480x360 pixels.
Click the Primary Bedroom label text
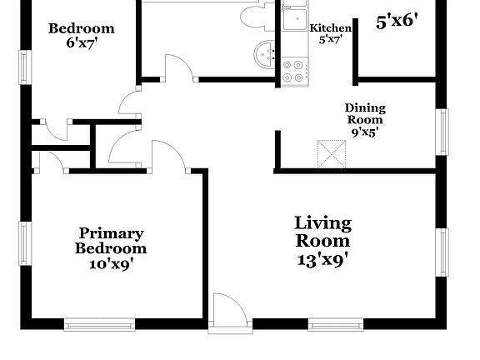[x=111, y=241]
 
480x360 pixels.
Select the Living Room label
[x=322, y=232]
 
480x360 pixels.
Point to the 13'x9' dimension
[x=322, y=258]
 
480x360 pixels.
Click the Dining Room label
[x=365, y=113]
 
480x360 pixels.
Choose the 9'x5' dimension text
[x=364, y=132]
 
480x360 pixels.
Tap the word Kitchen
[x=330, y=28]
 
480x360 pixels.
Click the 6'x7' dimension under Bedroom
[x=81, y=45]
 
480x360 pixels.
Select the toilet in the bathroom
[x=253, y=15]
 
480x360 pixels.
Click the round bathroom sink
[x=266, y=53]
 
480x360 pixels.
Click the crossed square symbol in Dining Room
[x=332, y=154]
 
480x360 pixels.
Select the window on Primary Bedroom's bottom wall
[x=99, y=323]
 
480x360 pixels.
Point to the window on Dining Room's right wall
[x=443, y=132]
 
